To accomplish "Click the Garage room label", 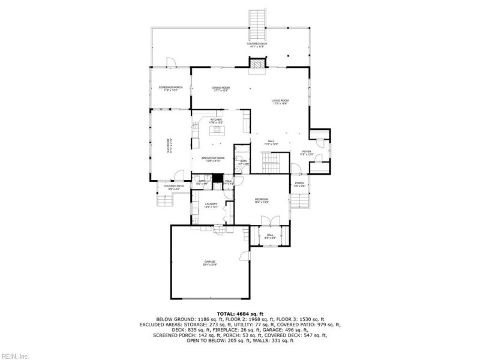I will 209,263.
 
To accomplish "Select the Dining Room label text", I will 221,89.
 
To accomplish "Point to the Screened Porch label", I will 170,89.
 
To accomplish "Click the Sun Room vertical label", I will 169,146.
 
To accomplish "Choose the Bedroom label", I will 261,200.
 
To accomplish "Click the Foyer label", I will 307,153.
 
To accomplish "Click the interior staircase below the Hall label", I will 272,162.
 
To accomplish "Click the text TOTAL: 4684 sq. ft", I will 240,314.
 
